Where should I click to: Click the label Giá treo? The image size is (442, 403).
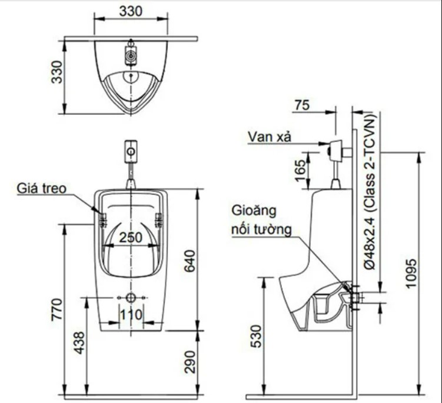pyautogui.click(x=42, y=188)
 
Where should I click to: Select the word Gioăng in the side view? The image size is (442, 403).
pyautogui.click(x=254, y=210)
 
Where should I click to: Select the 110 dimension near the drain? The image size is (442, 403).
pyautogui.click(x=131, y=315)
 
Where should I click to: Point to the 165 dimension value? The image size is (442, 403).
pyautogui.click(x=300, y=166)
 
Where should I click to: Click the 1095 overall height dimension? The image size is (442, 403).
pyautogui.click(x=410, y=274)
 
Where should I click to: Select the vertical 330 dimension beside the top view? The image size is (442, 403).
pyautogui.click(x=57, y=71)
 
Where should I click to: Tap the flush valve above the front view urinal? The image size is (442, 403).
pyautogui.click(x=131, y=151)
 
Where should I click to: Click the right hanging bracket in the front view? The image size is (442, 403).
pyautogui.click(x=158, y=220)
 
